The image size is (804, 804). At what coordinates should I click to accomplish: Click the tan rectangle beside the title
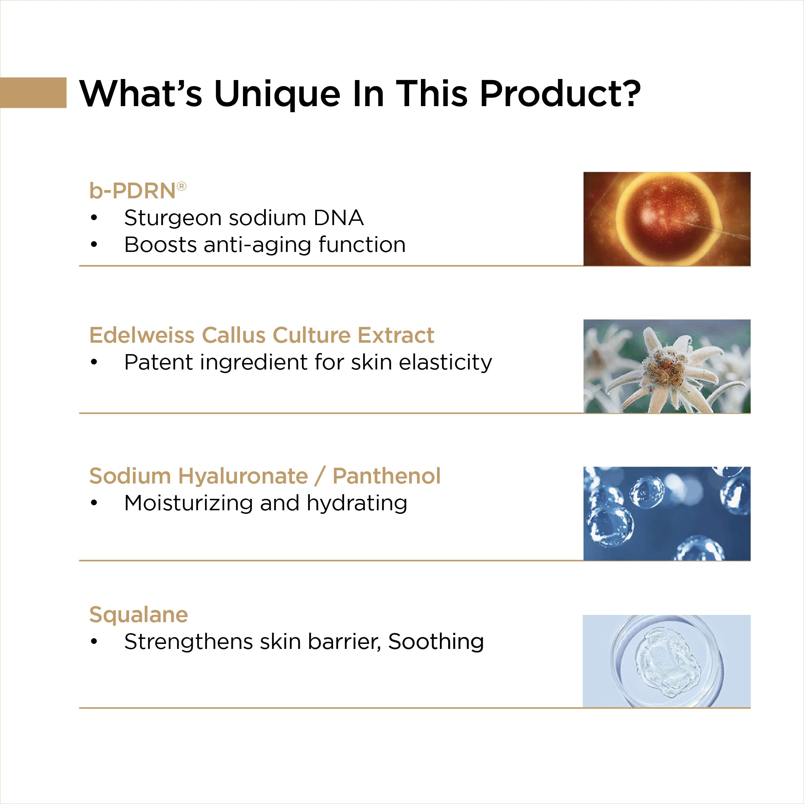[x=33, y=93]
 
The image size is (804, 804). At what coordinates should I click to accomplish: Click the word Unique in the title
[x=277, y=94]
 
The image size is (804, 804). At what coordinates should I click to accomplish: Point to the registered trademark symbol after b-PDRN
[x=182, y=187]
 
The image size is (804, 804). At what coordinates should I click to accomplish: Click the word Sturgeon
[x=172, y=218]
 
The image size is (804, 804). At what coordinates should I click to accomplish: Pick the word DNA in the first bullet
[x=338, y=218]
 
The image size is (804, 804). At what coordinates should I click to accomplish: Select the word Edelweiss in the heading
[x=142, y=335]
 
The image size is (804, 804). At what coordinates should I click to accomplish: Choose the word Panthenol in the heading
[x=386, y=476]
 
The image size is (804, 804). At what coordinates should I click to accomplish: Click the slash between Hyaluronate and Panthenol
[x=319, y=476]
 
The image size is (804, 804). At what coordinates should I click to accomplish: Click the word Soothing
[x=436, y=641]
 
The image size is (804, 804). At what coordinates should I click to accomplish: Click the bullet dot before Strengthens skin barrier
[x=94, y=642]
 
